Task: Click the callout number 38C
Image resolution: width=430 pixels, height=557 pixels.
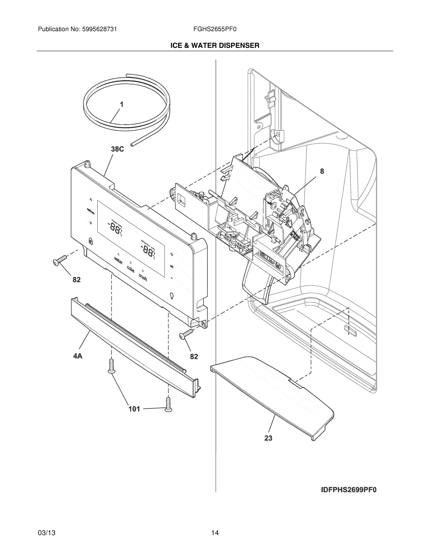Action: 118,149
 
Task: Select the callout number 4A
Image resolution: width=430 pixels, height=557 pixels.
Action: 78,356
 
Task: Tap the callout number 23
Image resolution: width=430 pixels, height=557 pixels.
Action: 268,438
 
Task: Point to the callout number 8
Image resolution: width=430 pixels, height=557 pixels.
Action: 322,171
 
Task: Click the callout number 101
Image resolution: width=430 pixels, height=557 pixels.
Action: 134,409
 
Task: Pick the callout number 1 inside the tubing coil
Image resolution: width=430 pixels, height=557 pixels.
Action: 122,104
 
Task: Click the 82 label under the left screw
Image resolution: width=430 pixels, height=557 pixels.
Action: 76,280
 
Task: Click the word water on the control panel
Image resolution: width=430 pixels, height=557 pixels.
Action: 118,261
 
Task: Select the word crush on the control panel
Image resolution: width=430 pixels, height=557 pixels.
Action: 143,277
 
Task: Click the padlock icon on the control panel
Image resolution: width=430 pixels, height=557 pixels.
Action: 90,240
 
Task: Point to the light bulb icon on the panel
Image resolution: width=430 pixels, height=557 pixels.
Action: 172,296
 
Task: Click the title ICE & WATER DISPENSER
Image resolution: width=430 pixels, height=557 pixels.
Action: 215,45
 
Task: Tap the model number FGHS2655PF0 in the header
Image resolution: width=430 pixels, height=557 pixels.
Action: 215,29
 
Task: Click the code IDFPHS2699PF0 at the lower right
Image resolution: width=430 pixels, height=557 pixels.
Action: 348,490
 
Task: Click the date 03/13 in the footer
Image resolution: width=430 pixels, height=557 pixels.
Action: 47,533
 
